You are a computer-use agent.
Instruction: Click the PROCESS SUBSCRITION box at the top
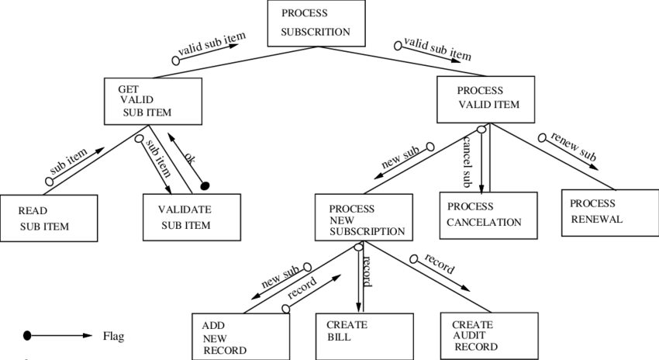pos(316,23)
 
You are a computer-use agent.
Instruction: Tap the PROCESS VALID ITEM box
pos(485,99)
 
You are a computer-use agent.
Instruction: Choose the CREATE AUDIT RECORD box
pos(488,335)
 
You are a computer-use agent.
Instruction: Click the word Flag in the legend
pos(113,337)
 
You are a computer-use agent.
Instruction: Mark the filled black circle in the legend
pos(27,336)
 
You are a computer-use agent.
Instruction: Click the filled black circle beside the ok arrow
pos(205,186)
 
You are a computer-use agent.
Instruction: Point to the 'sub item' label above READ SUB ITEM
pos(69,162)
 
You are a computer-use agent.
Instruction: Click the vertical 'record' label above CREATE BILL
pos(367,269)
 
